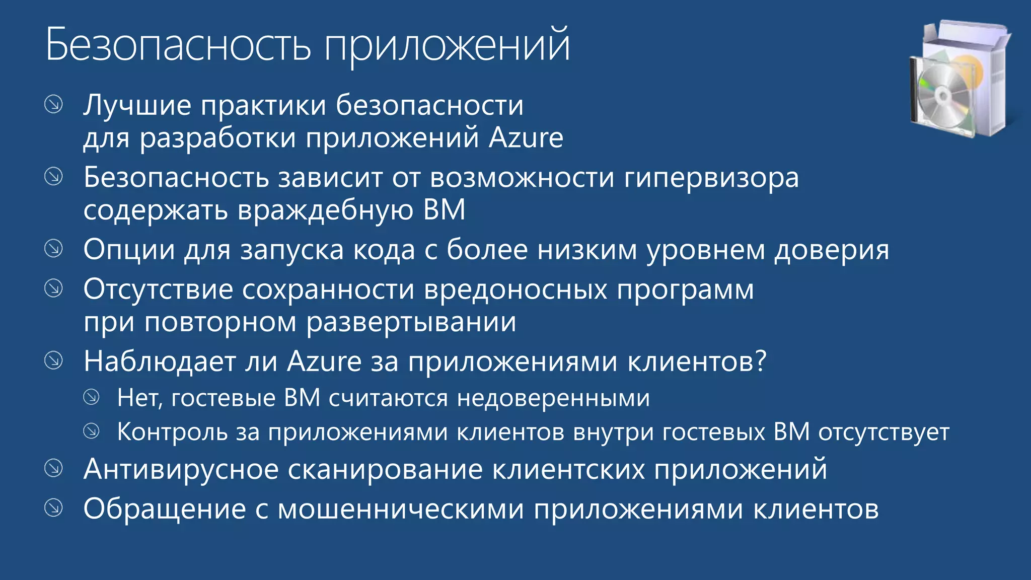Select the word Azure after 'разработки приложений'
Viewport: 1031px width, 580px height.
[526, 138]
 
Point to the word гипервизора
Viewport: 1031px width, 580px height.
[711, 179]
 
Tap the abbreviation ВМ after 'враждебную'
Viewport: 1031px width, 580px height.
[445, 210]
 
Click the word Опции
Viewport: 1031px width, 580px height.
[129, 250]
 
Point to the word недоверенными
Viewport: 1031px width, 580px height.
[553, 398]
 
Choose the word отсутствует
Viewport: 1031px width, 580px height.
[883, 432]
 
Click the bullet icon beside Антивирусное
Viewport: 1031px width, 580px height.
[53, 468]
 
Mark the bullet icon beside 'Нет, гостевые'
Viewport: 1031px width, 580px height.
[91, 397]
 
